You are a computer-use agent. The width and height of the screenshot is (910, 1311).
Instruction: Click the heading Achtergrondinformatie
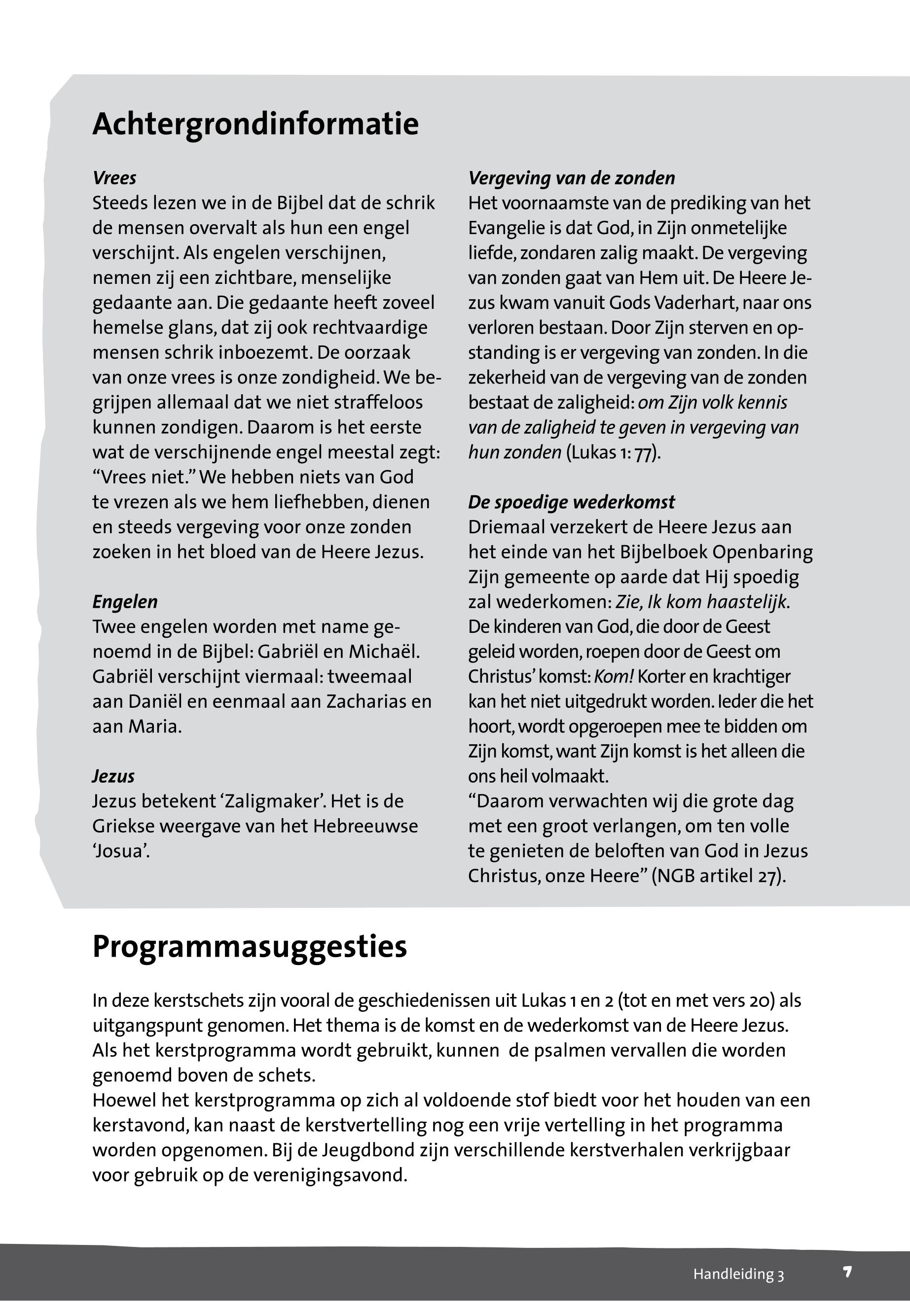tap(255, 124)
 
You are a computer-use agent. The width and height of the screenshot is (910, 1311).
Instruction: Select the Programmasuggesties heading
tap(250, 947)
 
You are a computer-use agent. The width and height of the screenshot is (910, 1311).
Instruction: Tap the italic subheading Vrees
tap(114, 178)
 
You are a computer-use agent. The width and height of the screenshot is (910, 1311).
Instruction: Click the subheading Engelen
tap(125, 602)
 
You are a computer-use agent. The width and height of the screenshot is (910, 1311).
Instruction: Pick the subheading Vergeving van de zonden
tap(571, 178)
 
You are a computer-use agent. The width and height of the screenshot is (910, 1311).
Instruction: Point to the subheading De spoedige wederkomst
tap(571, 502)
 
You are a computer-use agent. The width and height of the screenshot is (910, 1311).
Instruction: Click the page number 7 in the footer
tap(847, 1272)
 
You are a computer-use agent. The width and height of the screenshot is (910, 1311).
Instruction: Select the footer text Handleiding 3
tap(738, 1275)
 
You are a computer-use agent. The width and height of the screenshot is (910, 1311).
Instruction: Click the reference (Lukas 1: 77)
tap(613, 452)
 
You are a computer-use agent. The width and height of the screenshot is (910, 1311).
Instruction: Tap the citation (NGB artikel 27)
tap(719, 876)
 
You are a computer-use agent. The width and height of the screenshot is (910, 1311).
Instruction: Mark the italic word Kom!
tap(614, 677)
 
